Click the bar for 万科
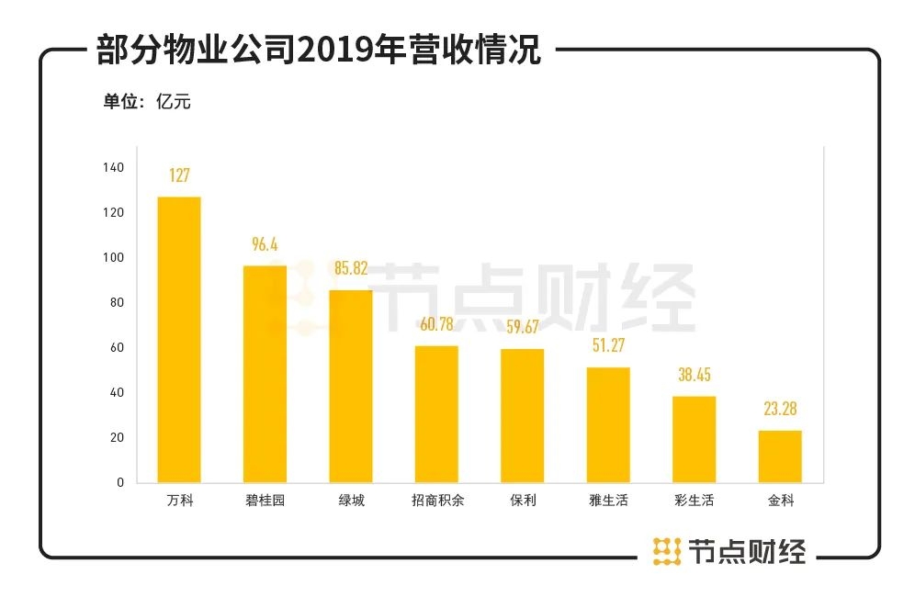tap(179, 340)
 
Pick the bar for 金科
tap(780, 456)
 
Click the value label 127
tap(179, 175)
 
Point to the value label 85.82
tap(350, 269)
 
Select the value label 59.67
tap(522, 328)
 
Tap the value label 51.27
tap(608, 346)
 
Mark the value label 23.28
tap(780, 409)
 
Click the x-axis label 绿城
tap(350, 501)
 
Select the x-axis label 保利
tap(522, 501)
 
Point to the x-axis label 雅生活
tap(608, 501)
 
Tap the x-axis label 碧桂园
tap(265, 501)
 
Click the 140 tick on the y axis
tap(114, 168)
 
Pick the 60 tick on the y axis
tap(117, 348)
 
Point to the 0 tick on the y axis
tap(119, 482)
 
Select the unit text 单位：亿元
tap(147, 101)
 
